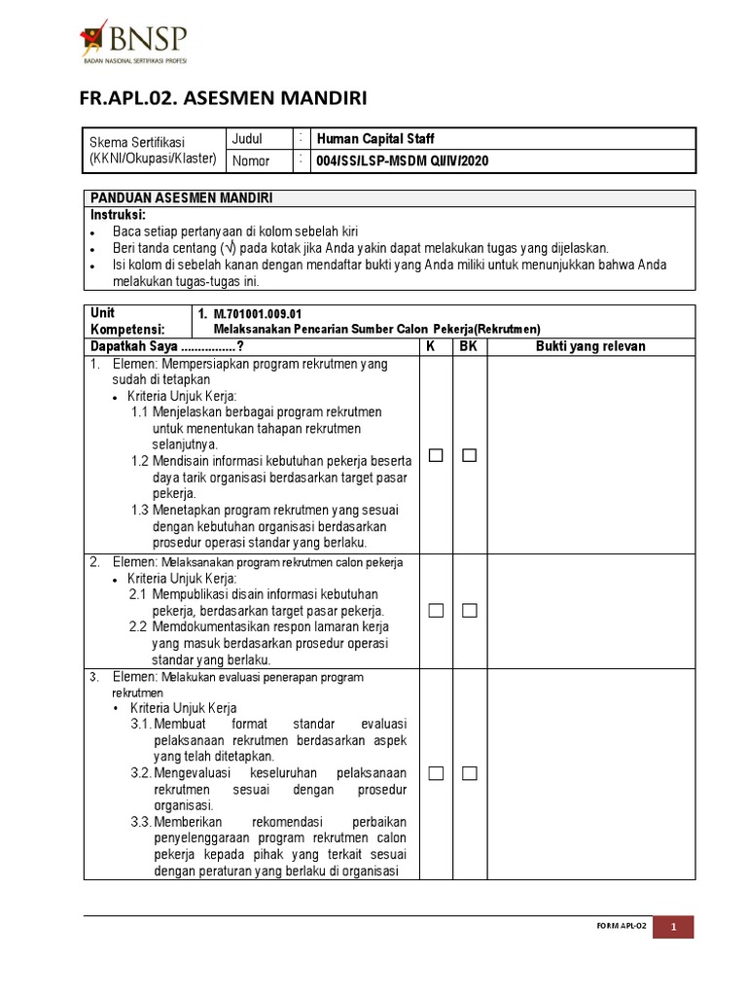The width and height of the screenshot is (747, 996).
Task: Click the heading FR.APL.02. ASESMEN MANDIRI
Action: (223, 98)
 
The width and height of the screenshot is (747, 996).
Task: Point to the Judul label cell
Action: (247, 139)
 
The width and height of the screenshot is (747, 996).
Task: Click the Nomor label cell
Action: (251, 161)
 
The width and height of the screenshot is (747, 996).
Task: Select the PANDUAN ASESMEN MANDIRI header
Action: (181, 197)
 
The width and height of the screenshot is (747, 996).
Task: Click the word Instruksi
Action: (118, 214)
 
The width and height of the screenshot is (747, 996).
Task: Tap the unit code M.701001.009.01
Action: (258, 314)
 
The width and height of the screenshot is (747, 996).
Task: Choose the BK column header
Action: (469, 346)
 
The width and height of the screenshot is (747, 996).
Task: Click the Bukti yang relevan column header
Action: (590, 346)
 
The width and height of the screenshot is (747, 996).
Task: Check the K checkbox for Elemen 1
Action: (436, 455)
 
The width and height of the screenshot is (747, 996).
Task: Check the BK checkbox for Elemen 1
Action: (470, 455)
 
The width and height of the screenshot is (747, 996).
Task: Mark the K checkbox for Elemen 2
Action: (436, 611)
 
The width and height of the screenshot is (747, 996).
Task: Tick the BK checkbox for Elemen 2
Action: (470, 611)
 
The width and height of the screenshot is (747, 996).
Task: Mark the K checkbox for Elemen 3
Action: (436, 773)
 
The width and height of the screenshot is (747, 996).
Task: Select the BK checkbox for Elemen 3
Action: (470, 773)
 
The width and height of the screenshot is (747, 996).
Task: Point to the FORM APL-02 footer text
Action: (621, 927)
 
